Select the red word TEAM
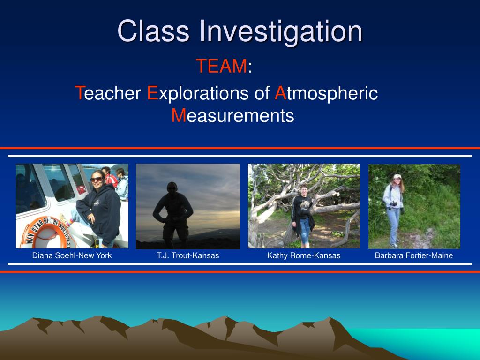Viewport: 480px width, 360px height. (x=221, y=66)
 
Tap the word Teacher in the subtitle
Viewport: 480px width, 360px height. (x=108, y=93)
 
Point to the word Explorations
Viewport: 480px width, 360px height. (x=198, y=93)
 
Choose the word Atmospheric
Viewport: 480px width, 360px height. (x=326, y=93)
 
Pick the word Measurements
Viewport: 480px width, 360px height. (x=232, y=115)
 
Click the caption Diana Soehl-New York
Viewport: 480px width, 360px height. (x=72, y=255)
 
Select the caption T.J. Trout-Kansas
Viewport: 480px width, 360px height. (x=188, y=255)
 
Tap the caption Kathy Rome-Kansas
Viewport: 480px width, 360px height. (x=304, y=255)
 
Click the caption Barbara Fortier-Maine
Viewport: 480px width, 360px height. (x=414, y=255)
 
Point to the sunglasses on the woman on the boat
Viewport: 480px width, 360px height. (x=97, y=179)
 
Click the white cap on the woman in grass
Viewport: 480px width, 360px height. (x=397, y=176)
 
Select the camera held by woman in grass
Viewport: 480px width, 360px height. (x=394, y=203)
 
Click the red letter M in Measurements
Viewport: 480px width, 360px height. (x=179, y=115)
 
